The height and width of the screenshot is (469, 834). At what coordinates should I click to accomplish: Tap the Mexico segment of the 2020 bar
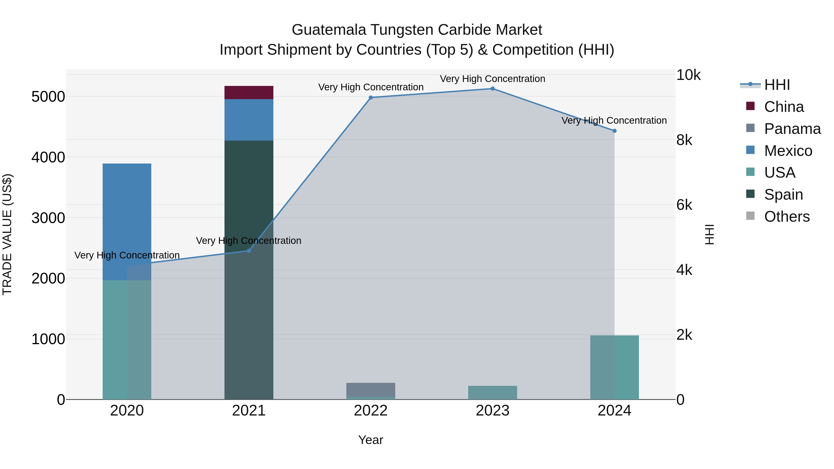(127, 222)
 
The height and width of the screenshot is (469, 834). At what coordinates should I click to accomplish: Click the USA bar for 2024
(614, 367)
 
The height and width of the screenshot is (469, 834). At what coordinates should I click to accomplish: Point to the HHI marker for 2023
(493, 89)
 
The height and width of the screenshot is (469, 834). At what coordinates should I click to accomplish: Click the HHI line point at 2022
(371, 98)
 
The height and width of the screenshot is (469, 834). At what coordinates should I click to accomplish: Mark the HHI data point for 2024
(614, 131)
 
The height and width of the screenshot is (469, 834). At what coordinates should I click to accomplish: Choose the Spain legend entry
(783, 195)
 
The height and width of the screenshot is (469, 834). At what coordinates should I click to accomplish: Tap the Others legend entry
(787, 217)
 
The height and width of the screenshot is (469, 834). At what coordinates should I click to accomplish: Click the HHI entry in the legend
(777, 85)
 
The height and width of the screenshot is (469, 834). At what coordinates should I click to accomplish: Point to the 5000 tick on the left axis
(48, 96)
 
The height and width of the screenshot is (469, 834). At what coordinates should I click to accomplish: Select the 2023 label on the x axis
(493, 411)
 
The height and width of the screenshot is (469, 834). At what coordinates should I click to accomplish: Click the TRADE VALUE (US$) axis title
(7, 234)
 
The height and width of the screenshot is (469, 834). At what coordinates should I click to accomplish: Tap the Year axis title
(371, 440)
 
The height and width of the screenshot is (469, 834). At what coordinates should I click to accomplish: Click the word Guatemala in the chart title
(329, 30)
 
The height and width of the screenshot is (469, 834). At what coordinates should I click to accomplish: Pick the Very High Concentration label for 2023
(493, 79)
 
